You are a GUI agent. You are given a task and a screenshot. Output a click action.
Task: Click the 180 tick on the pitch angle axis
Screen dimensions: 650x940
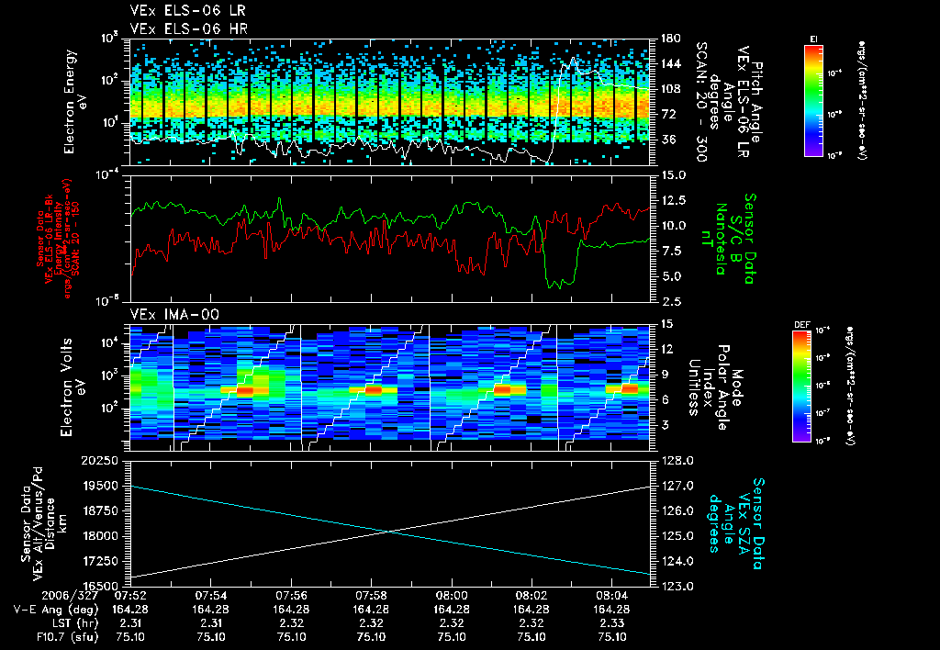669,39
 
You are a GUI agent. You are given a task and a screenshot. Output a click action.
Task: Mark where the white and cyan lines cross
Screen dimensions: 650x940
390,531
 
